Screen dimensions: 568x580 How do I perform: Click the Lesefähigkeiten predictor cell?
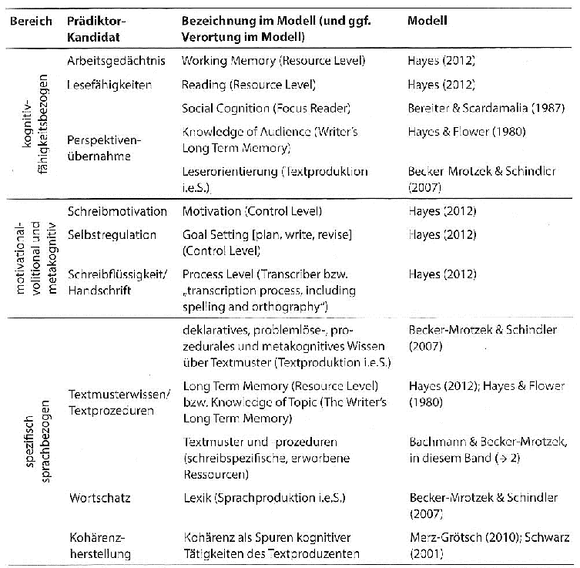tap(107, 84)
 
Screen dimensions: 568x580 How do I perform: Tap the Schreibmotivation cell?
tap(116, 210)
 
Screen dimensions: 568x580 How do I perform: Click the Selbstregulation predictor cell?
tap(112, 234)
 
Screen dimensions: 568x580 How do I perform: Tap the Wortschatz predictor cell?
tap(99, 499)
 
